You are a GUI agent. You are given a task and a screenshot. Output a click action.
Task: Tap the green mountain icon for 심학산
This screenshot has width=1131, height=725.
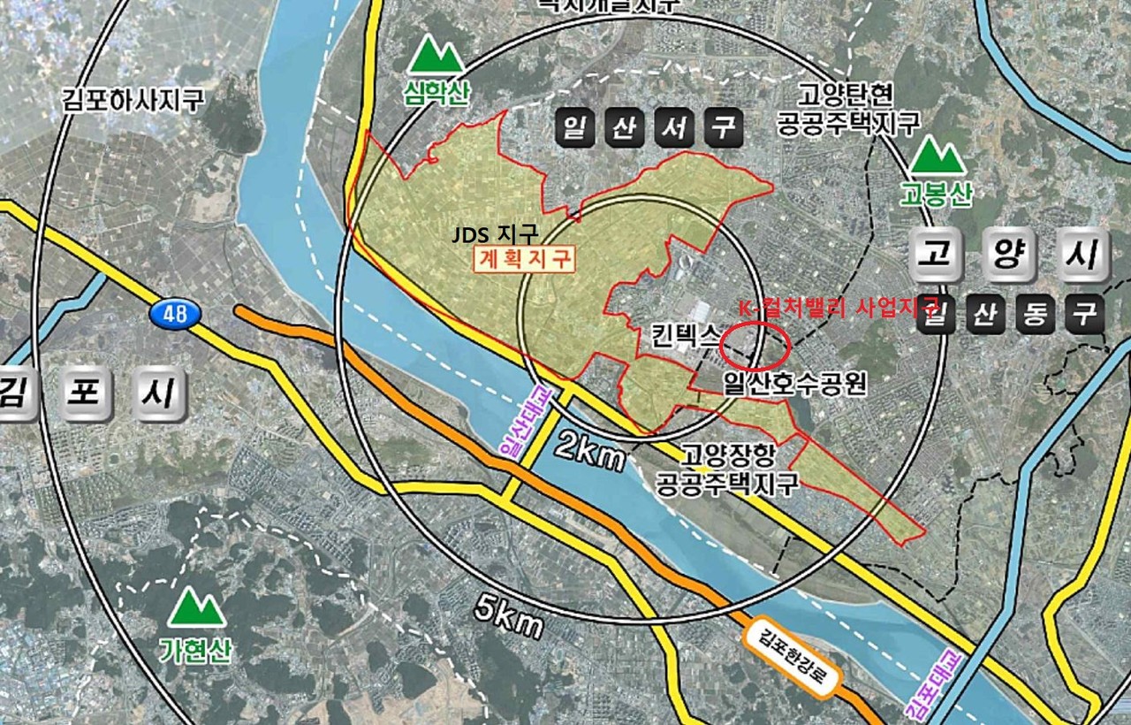pyautogui.click(x=436, y=56)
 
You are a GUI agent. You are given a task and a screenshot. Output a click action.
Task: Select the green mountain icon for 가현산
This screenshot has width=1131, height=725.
pyautogui.click(x=196, y=609)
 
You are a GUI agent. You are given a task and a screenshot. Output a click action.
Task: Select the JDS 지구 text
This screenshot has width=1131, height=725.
pyautogui.click(x=495, y=236)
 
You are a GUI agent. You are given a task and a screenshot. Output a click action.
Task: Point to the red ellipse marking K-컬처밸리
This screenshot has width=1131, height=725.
pyautogui.click(x=754, y=346)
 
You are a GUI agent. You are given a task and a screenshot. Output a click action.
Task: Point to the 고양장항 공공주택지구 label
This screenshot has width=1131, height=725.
pyautogui.click(x=727, y=469)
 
